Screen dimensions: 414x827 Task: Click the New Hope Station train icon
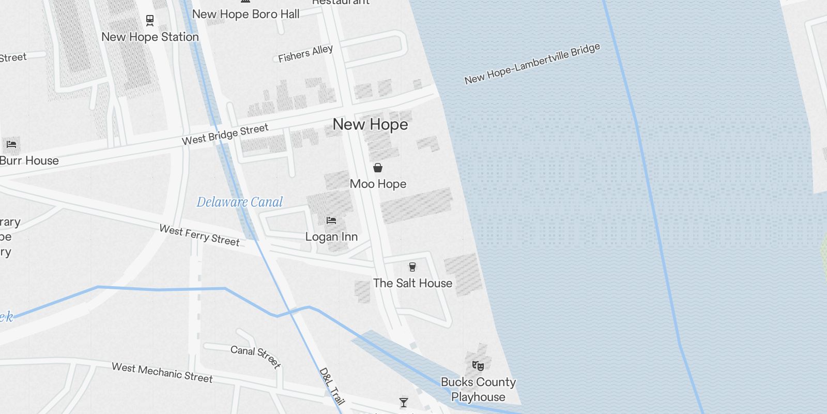pyautogui.click(x=150, y=21)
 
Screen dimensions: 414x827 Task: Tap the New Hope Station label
pyautogui.click(x=150, y=37)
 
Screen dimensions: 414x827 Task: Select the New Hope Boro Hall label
pyautogui.click(x=246, y=14)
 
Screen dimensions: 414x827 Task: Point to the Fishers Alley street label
pyautogui.click(x=305, y=54)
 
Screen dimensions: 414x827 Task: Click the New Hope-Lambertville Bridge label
pyautogui.click(x=532, y=64)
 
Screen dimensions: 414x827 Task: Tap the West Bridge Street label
pyautogui.click(x=225, y=134)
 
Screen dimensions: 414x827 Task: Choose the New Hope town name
pyautogui.click(x=370, y=125)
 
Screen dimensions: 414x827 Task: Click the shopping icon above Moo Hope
pyautogui.click(x=378, y=168)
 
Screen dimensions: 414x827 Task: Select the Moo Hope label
pyautogui.click(x=378, y=184)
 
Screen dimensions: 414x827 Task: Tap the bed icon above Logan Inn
pyautogui.click(x=331, y=220)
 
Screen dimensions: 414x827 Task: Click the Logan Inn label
pyautogui.click(x=331, y=237)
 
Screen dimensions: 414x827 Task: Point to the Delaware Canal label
pyautogui.click(x=240, y=202)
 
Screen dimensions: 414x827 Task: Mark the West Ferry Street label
pyautogui.click(x=200, y=235)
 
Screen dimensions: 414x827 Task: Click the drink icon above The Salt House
pyautogui.click(x=412, y=267)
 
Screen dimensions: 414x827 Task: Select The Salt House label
pyautogui.click(x=412, y=284)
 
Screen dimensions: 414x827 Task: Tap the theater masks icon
pyautogui.click(x=478, y=366)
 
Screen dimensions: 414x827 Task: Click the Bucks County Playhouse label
pyautogui.click(x=478, y=390)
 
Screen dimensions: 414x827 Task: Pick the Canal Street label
pyautogui.click(x=255, y=356)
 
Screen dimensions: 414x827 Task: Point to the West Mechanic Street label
pyautogui.click(x=162, y=373)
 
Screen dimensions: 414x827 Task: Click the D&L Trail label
pyautogui.click(x=332, y=386)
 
